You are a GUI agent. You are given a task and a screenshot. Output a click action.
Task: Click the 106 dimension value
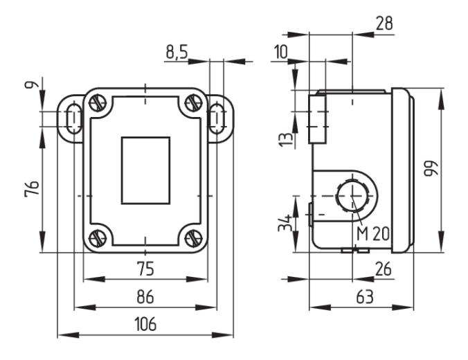coord(145,324)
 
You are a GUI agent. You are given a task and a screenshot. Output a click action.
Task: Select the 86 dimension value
coord(145,297)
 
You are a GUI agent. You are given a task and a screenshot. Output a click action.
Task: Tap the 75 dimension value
coord(145,269)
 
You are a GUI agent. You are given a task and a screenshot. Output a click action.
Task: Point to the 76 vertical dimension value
coord(32,188)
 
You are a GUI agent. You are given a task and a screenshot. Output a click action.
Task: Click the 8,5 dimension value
coord(177,52)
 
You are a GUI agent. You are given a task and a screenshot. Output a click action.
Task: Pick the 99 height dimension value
coord(431,169)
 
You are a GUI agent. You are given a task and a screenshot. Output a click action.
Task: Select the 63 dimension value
coord(365,297)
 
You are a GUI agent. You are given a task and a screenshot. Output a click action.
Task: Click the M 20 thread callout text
coord(372,233)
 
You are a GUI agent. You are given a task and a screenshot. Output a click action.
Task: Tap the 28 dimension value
coord(384,24)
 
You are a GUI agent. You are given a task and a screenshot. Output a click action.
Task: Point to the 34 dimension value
coord(285,223)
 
